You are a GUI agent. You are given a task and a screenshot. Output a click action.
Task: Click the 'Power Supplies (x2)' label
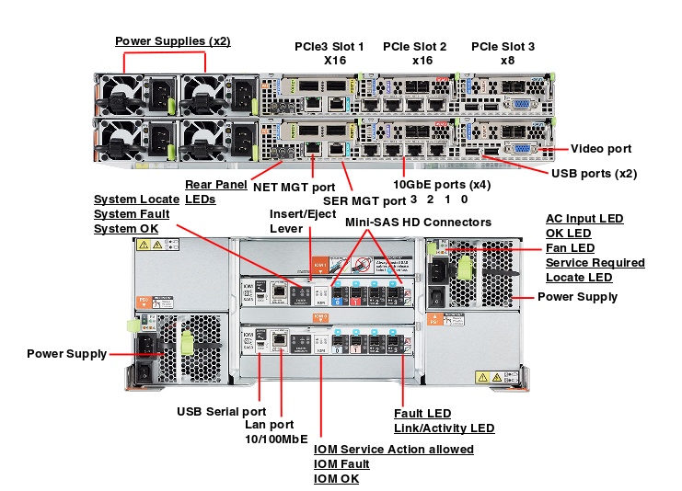[x=172, y=41]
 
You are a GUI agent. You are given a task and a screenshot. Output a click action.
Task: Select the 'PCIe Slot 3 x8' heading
[x=503, y=52]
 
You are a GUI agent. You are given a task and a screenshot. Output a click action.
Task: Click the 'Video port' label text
[x=601, y=149]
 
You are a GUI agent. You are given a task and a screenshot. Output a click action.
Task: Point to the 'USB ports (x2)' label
[x=594, y=173]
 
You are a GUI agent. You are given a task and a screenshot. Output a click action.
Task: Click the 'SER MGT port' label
[x=364, y=200]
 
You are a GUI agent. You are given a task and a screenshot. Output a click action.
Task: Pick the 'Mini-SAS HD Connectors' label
[x=418, y=222]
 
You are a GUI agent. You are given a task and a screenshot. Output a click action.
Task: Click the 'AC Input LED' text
[x=584, y=219]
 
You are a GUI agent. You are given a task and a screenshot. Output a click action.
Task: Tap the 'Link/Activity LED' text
[x=444, y=428]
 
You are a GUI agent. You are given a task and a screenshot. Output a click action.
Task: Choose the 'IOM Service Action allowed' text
[x=394, y=450]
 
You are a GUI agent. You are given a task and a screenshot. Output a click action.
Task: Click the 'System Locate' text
[x=136, y=200]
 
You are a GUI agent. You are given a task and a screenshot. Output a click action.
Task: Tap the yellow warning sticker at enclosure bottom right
[x=493, y=377]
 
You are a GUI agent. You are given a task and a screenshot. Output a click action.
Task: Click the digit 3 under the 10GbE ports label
[x=414, y=200]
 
